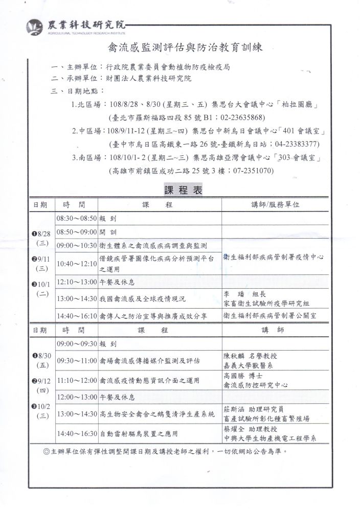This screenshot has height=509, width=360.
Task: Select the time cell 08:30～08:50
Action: [x=77, y=218]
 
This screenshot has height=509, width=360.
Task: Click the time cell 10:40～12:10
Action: [x=77, y=264]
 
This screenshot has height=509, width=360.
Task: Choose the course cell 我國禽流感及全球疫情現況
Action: [x=143, y=298]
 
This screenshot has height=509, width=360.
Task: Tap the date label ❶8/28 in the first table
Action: [x=41, y=234]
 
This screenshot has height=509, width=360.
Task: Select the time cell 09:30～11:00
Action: [x=77, y=361]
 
